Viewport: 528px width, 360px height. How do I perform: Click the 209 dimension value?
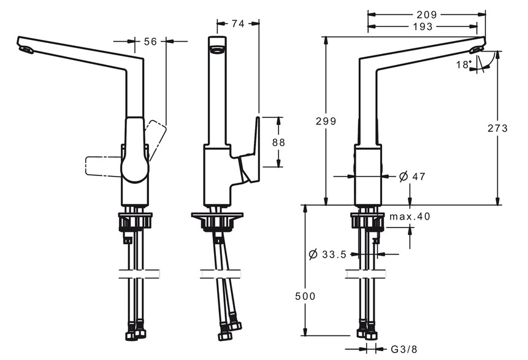tap(427, 15)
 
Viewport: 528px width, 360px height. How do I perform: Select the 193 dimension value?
tap(423, 26)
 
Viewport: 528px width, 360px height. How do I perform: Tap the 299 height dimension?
tap(326, 121)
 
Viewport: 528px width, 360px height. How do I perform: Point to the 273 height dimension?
tap(497, 128)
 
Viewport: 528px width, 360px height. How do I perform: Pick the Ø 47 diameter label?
tap(412, 176)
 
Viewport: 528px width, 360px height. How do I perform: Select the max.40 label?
tap(410, 216)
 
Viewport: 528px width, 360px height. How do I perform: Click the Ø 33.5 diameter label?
tap(327, 255)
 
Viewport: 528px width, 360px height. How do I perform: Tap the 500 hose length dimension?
tap(305, 296)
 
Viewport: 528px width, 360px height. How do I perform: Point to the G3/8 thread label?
tap(404, 349)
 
